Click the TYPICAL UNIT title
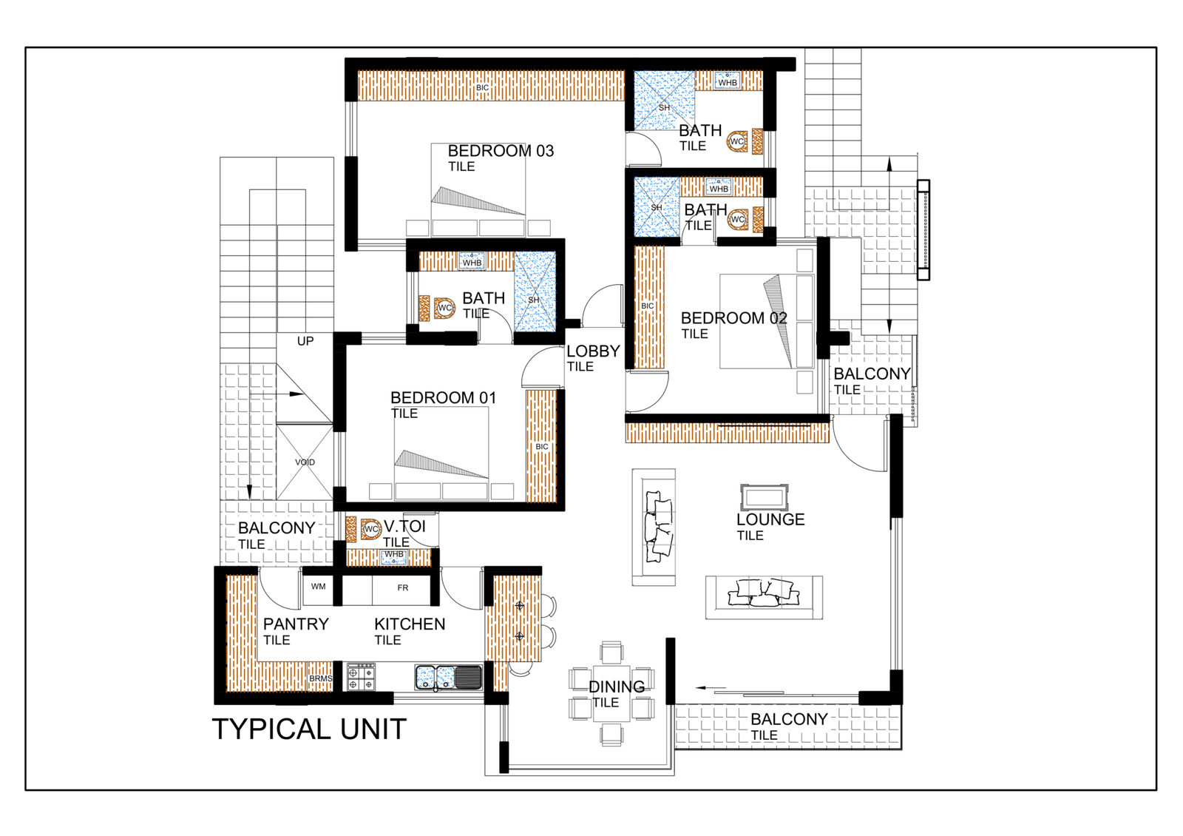click(310, 729)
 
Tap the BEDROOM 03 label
click(501, 151)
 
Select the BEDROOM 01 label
click(443, 398)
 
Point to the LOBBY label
click(593, 351)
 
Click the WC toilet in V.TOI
click(370, 529)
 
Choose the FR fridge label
click(402, 587)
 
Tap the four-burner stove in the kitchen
click(362, 678)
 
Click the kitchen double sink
click(448, 678)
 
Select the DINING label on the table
click(617, 687)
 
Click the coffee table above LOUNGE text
click(765, 497)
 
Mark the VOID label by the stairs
click(305, 462)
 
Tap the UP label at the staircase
click(305, 341)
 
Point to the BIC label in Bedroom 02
click(648, 306)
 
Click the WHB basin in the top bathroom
click(728, 81)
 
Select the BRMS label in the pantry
click(321, 678)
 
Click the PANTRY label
click(296, 624)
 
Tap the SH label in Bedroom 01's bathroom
click(534, 300)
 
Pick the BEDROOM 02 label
click(733, 318)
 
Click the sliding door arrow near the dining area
click(711, 688)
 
